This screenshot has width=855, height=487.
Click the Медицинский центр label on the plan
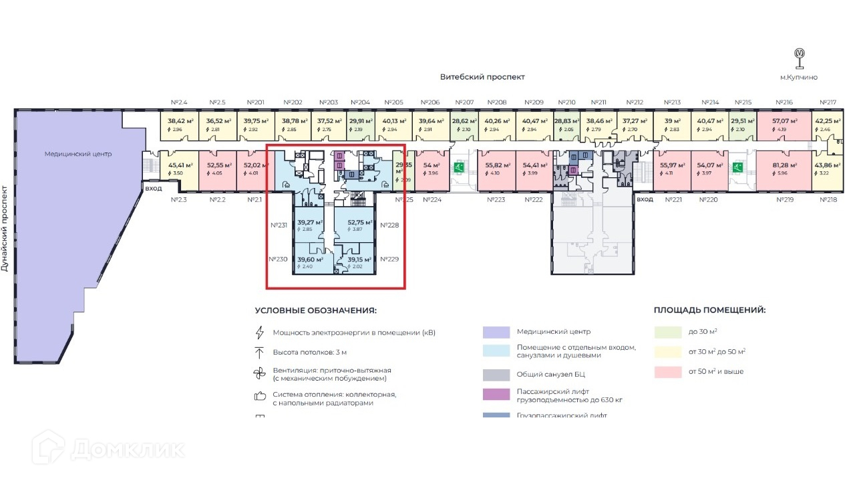pos(78,154)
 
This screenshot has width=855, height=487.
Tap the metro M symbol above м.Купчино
pos(799,54)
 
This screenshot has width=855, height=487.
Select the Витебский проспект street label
pos(482,78)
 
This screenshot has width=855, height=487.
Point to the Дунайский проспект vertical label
pos(5,227)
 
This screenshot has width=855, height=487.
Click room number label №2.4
pos(179,102)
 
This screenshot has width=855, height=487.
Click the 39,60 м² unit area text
pos(310,260)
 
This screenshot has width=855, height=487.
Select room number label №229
pos(389,259)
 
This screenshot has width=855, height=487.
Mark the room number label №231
pos(279,225)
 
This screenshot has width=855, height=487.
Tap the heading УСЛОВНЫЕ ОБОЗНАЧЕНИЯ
pos(315,310)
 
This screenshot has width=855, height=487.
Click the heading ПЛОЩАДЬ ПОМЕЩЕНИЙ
pos(709,310)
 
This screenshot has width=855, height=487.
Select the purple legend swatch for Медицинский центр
pos(496,332)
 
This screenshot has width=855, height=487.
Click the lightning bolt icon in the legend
pos(260,332)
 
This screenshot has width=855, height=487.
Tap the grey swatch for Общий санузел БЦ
pos(496,375)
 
